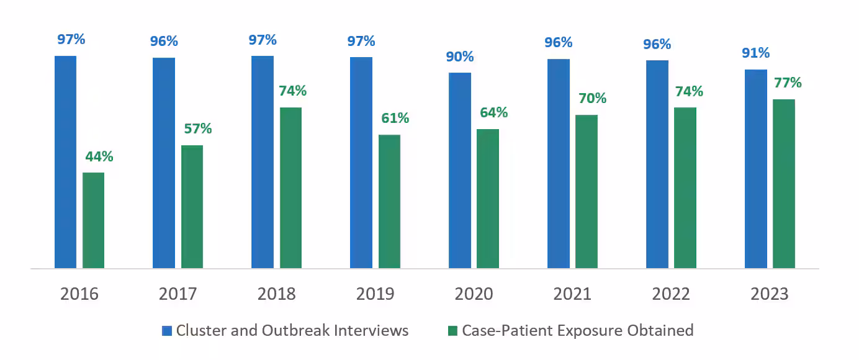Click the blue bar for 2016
pyautogui.click(x=65, y=162)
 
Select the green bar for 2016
pyautogui.click(x=93, y=220)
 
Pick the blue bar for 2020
pyautogui.click(x=460, y=171)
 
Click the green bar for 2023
pyautogui.click(x=784, y=184)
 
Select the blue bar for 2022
pyautogui.click(x=657, y=164)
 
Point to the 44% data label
pyautogui.click(x=99, y=156)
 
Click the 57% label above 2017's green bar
pyautogui.click(x=197, y=128)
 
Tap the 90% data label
pyautogui.click(x=460, y=56)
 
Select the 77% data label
pyautogui.click(x=788, y=83)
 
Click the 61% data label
pyautogui.click(x=395, y=118)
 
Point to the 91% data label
pyautogui.click(x=755, y=53)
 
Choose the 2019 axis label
pyautogui.click(x=375, y=294)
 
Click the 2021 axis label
pyautogui.click(x=572, y=294)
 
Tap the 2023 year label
pyautogui.click(x=770, y=294)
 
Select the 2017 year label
pyautogui.click(x=178, y=294)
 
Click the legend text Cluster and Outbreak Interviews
pyautogui.click(x=292, y=330)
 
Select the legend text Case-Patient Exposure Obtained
pyautogui.click(x=577, y=330)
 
